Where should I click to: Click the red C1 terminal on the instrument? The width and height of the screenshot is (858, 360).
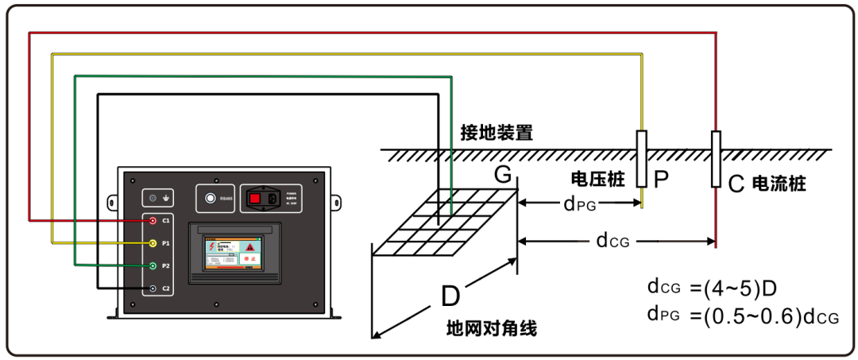coord(153,220)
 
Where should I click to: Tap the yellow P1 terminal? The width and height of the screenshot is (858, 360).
coord(153,242)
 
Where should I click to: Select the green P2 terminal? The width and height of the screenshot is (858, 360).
coord(153,265)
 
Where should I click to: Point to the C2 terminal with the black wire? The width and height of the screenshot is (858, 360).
coord(153,288)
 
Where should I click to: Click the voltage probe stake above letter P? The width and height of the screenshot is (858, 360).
coord(642,158)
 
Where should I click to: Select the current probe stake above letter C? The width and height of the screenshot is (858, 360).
coord(716,160)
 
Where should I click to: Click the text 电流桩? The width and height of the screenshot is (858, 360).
coord(779,184)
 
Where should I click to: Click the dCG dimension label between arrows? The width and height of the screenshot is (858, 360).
coord(613,240)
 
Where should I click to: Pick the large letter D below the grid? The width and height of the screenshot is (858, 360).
coord(450,296)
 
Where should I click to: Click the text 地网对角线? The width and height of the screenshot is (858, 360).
coord(492,327)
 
